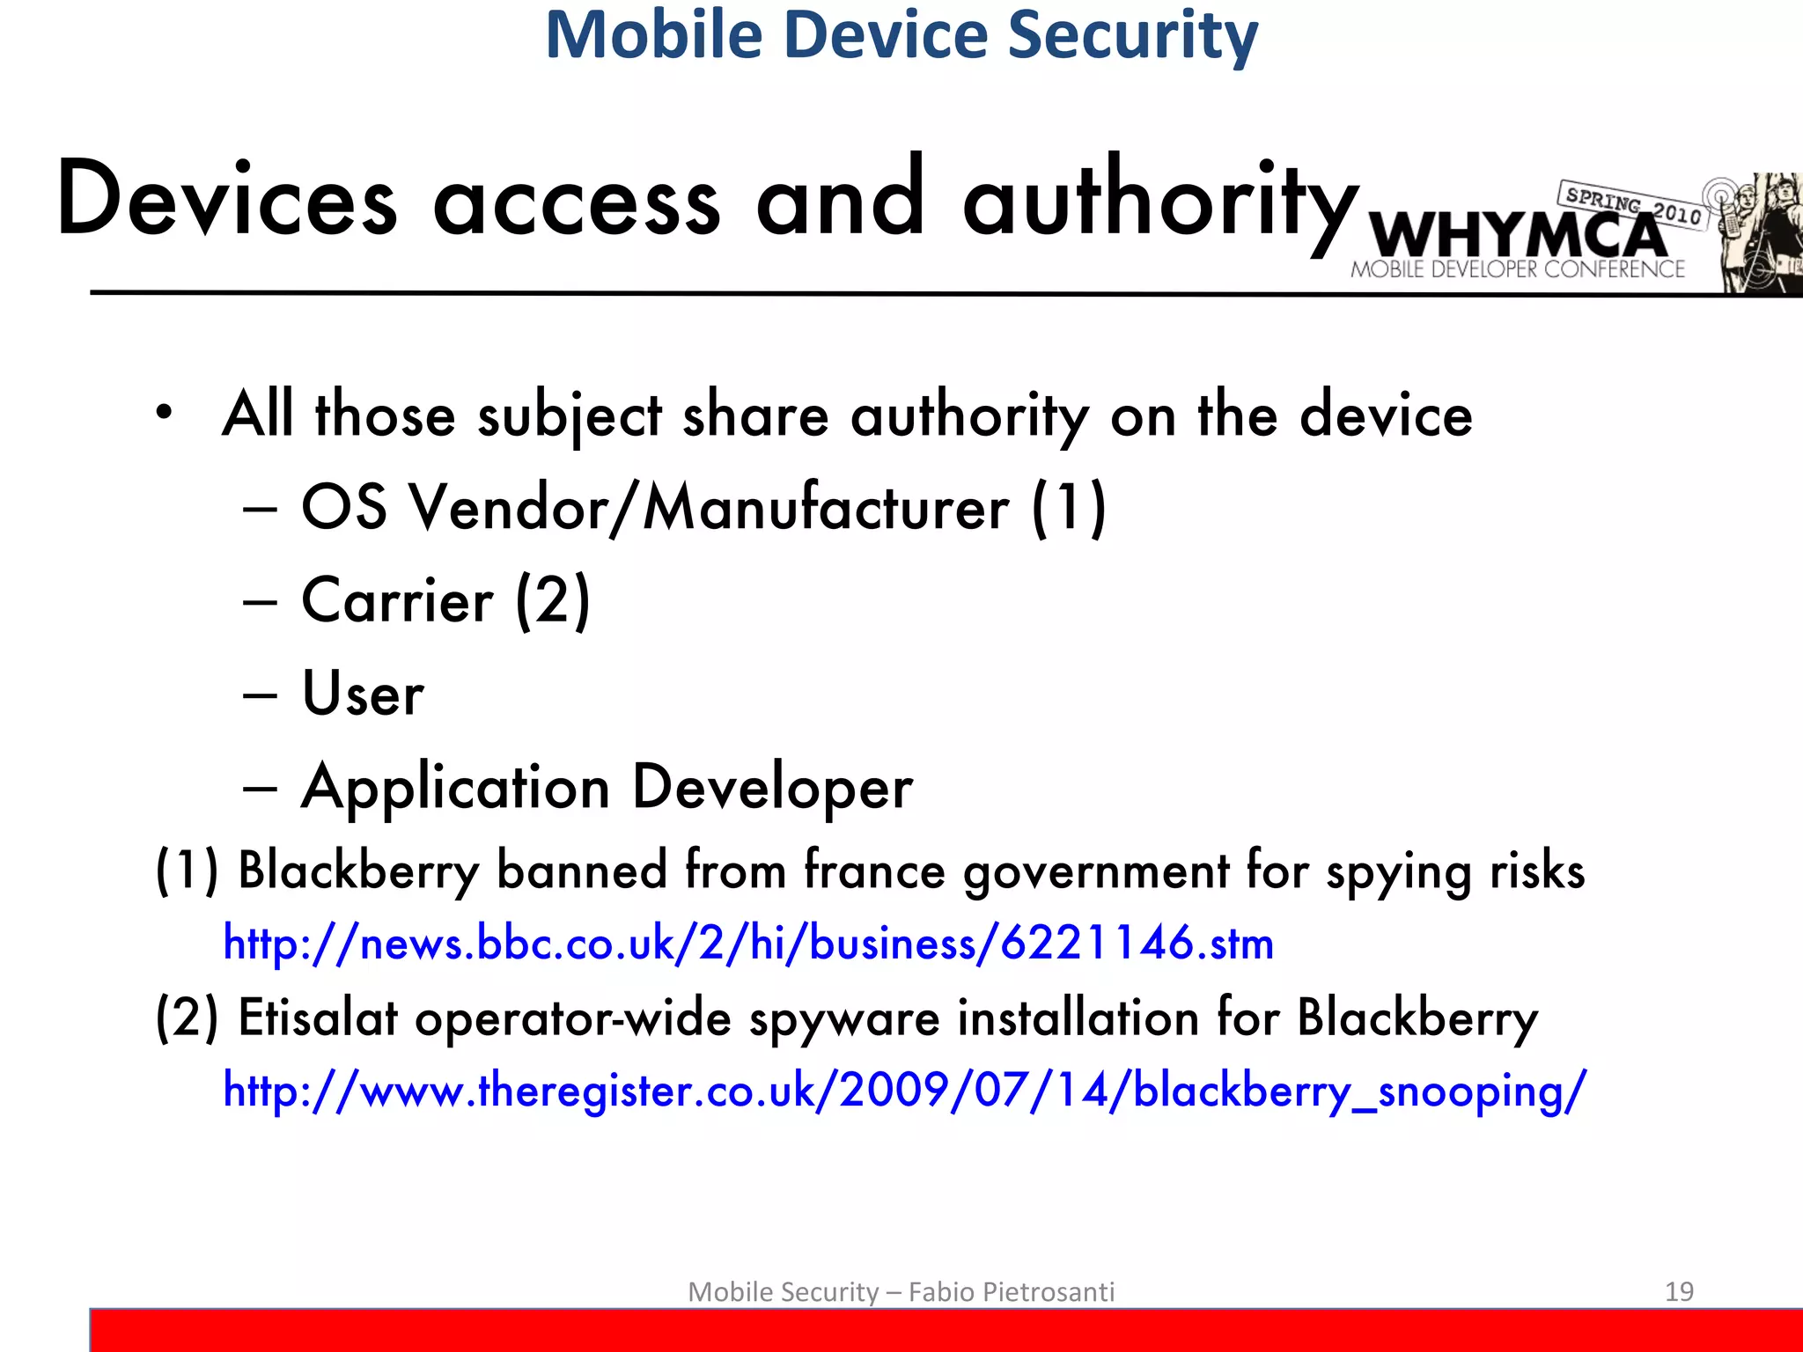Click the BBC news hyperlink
pos(748,944)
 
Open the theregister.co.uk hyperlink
pos(904,1091)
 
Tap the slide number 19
pos(1679,1291)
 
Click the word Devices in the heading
pos(227,201)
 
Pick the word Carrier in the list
pos(397,601)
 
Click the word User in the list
pos(363,694)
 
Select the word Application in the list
pos(455,788)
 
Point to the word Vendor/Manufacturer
pos(710,509)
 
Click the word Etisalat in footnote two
pos(318,1018)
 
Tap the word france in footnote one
pos(874,871)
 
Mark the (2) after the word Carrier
pos(553,601)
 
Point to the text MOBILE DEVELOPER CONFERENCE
pos(1518,269)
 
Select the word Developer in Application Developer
pos(772,788)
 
